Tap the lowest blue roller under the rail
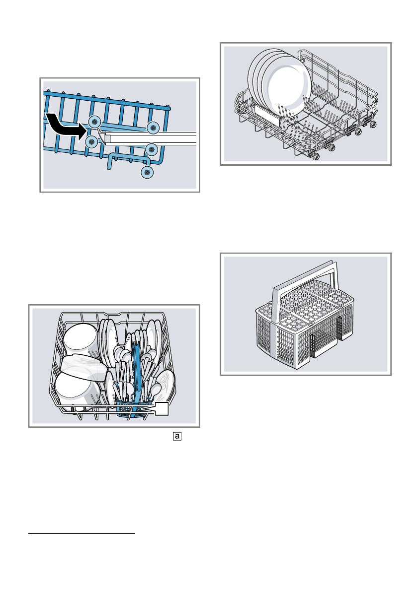[147, 172]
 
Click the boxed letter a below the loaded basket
[177, 437]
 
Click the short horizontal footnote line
[82, 534]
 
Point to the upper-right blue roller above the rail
[153, 127]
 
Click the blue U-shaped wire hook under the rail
[127, 160]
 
